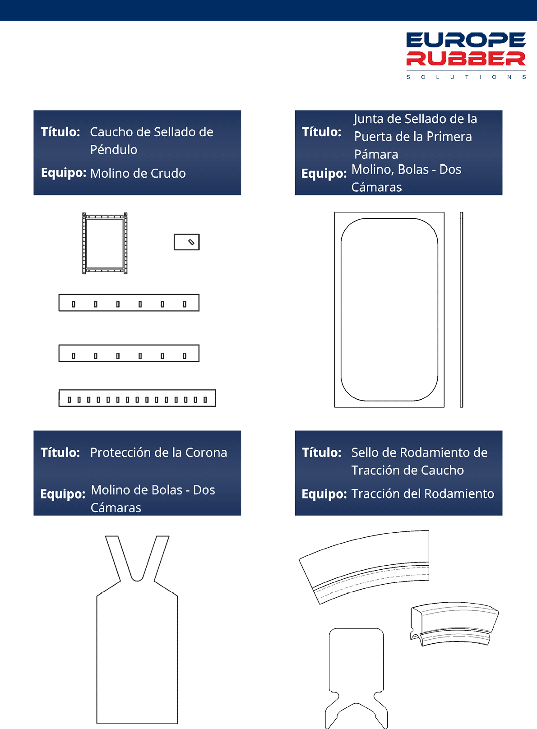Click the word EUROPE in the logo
click(x=466, y=40)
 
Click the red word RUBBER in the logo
click(x=466, y=59)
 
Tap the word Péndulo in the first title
click(x=114, y=150)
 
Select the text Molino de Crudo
click(x=138, y=173)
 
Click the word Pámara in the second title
click(x=376, y=154)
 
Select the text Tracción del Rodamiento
click(x=422, y=494)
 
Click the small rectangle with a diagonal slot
click(x=187, y=242)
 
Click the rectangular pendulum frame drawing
click(x=105, y=243)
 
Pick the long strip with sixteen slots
click(x=137, y=398)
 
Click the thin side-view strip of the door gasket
click(x=461, y=309)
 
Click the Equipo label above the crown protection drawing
click(x=63, y=494)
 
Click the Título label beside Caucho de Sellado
click(x=60, y=132)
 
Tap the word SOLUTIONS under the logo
click(x=466, y=77)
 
